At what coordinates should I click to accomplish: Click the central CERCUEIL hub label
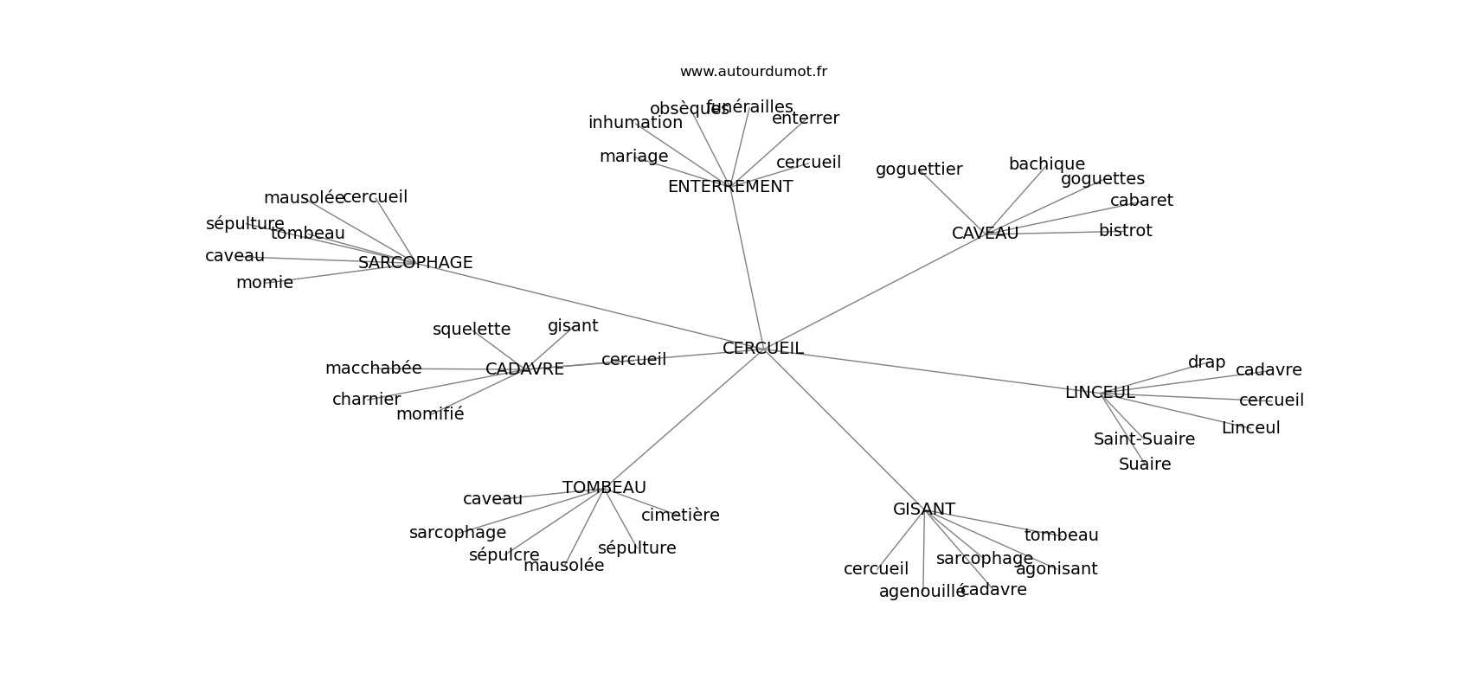[x=762, y=349]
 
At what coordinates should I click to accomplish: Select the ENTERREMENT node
[x=729, y=187]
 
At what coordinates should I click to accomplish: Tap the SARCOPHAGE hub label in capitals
[x=415, y=263]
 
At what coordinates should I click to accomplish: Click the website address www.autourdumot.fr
[x=753, y=72]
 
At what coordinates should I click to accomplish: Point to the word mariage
[x=633, y=157]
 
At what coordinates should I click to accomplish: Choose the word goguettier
[x=918, y=170]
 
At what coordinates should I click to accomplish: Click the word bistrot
[x=1125, y=231]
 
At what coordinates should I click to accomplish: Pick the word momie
[x=264, y=283]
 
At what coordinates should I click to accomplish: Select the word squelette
[x=471, y=330]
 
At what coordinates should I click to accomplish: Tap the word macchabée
[x=373, y=368]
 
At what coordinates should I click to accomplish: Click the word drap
[x=1206, y=362]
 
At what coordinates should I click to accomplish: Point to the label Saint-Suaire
[x=1144, y=439]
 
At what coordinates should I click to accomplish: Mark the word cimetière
[x=680, y=516]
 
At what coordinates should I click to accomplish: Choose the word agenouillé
[x=922, y=592]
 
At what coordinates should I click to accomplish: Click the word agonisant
[x=1056, y=569]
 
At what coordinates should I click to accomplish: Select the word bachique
[x=1046, y=164]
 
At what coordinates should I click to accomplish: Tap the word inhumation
[x=635, y=123]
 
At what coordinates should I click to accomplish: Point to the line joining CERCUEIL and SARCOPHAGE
[x=588, y=306]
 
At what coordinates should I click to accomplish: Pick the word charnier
[x=366, y=400]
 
